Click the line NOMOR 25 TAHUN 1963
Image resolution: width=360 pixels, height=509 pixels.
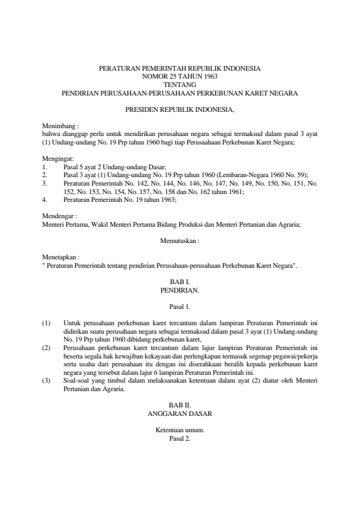(180, 77)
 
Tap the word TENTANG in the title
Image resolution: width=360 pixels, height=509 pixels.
(180, 85)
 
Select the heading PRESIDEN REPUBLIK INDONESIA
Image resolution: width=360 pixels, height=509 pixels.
(180, 111)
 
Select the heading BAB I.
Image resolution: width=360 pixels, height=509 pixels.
(180, 282)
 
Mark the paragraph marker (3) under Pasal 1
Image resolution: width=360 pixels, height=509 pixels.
(46, 381)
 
